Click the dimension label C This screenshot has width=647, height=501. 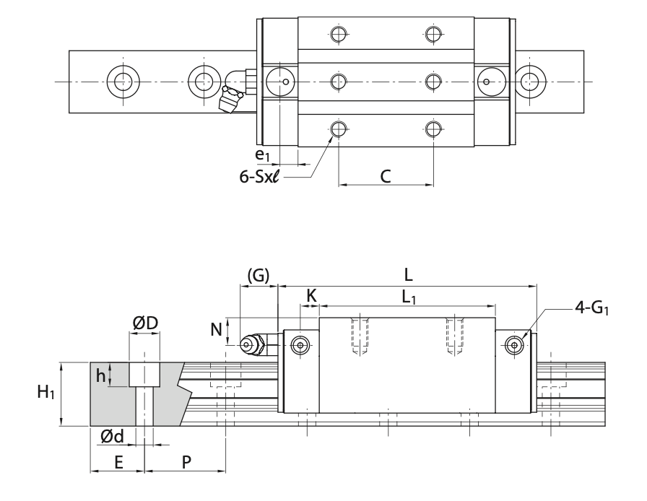386,175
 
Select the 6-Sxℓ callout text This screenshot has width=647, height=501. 261,175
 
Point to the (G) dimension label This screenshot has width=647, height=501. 258,275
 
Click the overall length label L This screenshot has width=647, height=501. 408,274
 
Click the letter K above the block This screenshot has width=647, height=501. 311,295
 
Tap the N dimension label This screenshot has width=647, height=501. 215,330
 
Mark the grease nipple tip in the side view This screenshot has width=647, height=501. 248,345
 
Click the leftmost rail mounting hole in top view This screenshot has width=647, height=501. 119,80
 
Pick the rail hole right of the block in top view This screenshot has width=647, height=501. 531,80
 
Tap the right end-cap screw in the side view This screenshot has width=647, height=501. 514,344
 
